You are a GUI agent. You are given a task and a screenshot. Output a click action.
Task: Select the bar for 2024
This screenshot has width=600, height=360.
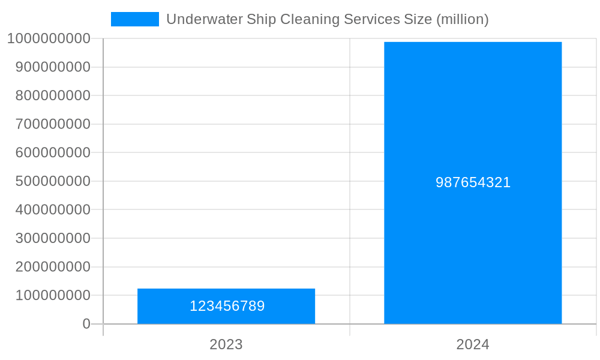tap(473, 120)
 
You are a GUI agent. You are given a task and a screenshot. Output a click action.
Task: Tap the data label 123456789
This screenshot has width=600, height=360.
tap(227, 306)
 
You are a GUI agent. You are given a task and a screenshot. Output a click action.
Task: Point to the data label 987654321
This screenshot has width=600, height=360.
tap(473, 182)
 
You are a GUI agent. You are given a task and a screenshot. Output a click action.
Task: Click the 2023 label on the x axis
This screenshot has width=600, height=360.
tap(226, 344)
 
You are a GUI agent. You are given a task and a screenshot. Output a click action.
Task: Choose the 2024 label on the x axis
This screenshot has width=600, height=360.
tap(473, 344)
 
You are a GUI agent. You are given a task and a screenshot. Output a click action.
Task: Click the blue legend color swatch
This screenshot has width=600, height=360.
tap(135, 19)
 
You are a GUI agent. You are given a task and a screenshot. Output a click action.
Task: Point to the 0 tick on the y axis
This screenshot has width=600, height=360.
tap(86, 324)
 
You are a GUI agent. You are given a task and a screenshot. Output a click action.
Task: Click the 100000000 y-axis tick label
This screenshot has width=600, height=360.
tap(53, 295)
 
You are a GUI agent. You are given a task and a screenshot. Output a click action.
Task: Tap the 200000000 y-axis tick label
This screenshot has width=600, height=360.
tap(53, 267)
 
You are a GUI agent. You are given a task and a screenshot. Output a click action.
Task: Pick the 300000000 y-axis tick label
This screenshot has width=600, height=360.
tap(53, 238)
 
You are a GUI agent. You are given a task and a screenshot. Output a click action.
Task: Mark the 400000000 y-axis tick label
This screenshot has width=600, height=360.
tap(53, 210)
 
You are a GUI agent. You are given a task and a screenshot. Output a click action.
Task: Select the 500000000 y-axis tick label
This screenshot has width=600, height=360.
tap(53, 181)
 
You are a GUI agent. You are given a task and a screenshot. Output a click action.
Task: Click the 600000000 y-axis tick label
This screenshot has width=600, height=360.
tap(53, 153)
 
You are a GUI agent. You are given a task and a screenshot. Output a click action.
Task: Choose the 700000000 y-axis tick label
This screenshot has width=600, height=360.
tap(53, 124)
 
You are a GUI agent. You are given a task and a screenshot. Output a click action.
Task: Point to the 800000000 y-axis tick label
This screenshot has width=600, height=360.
tap(53, 95)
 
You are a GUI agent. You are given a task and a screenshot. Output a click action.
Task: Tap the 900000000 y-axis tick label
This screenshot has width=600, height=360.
tap(53, 67)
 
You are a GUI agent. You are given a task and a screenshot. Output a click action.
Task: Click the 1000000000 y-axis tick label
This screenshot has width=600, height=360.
tap(49, 38)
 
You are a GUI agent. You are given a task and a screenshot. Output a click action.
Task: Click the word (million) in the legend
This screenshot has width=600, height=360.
tap(462, 19)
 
